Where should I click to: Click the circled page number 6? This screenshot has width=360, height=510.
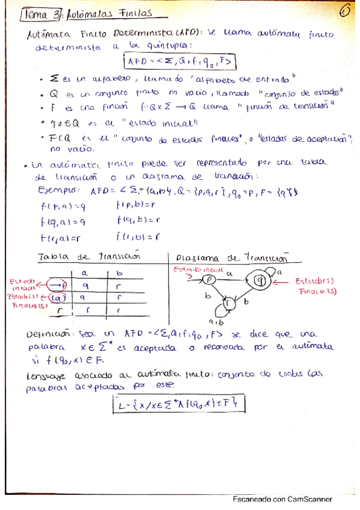click(x=344, y=11)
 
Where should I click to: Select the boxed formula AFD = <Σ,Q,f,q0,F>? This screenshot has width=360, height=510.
click(x=178, y=61)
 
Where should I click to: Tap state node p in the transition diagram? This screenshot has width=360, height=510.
click(x=209, y=280)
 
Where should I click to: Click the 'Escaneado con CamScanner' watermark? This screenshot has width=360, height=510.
click(x=282, y=499)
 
